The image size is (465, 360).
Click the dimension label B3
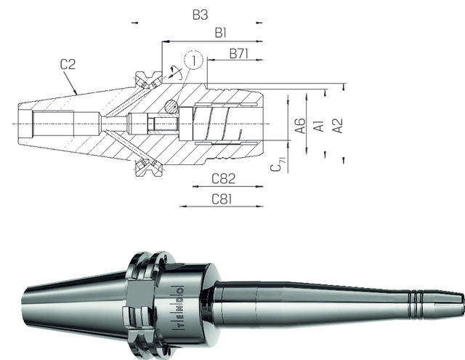point(201,15)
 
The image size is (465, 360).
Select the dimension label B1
point(222,33)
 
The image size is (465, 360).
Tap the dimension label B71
point(240,53)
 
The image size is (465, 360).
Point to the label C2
point(68,65)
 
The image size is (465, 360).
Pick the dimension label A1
point(318,125)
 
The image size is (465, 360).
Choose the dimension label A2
point(336,125)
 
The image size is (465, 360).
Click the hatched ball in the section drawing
point(170,106)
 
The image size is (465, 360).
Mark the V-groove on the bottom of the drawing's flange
point(148,170)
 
